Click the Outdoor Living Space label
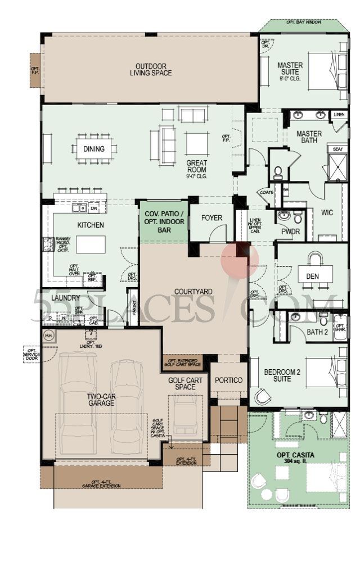[150, 69]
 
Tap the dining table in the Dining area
[94, 149]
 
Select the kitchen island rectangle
[91, 244]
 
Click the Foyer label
[211, 218]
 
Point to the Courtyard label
[193, 291]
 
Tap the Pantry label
[133, 307]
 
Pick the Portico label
[229, 380]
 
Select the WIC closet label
[327, 213]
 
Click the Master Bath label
[309, 137]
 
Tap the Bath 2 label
[317, 332]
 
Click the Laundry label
[65, 298]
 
